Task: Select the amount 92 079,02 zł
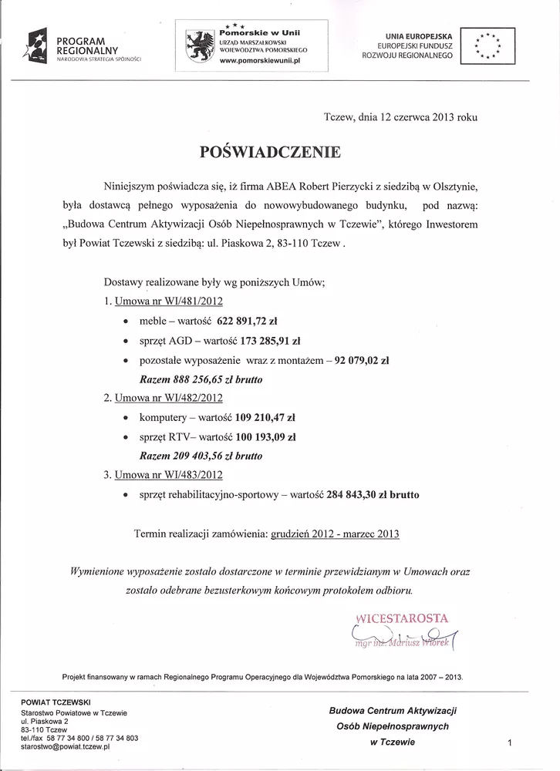pyautogui.click(x=359, y=359)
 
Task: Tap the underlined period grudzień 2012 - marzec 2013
pyautogui.click(x=336, y=533)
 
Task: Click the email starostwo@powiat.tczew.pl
pyautogui.click(x=66, y=747)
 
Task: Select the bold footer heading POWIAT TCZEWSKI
pyautogui.click(x=56, y=702)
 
